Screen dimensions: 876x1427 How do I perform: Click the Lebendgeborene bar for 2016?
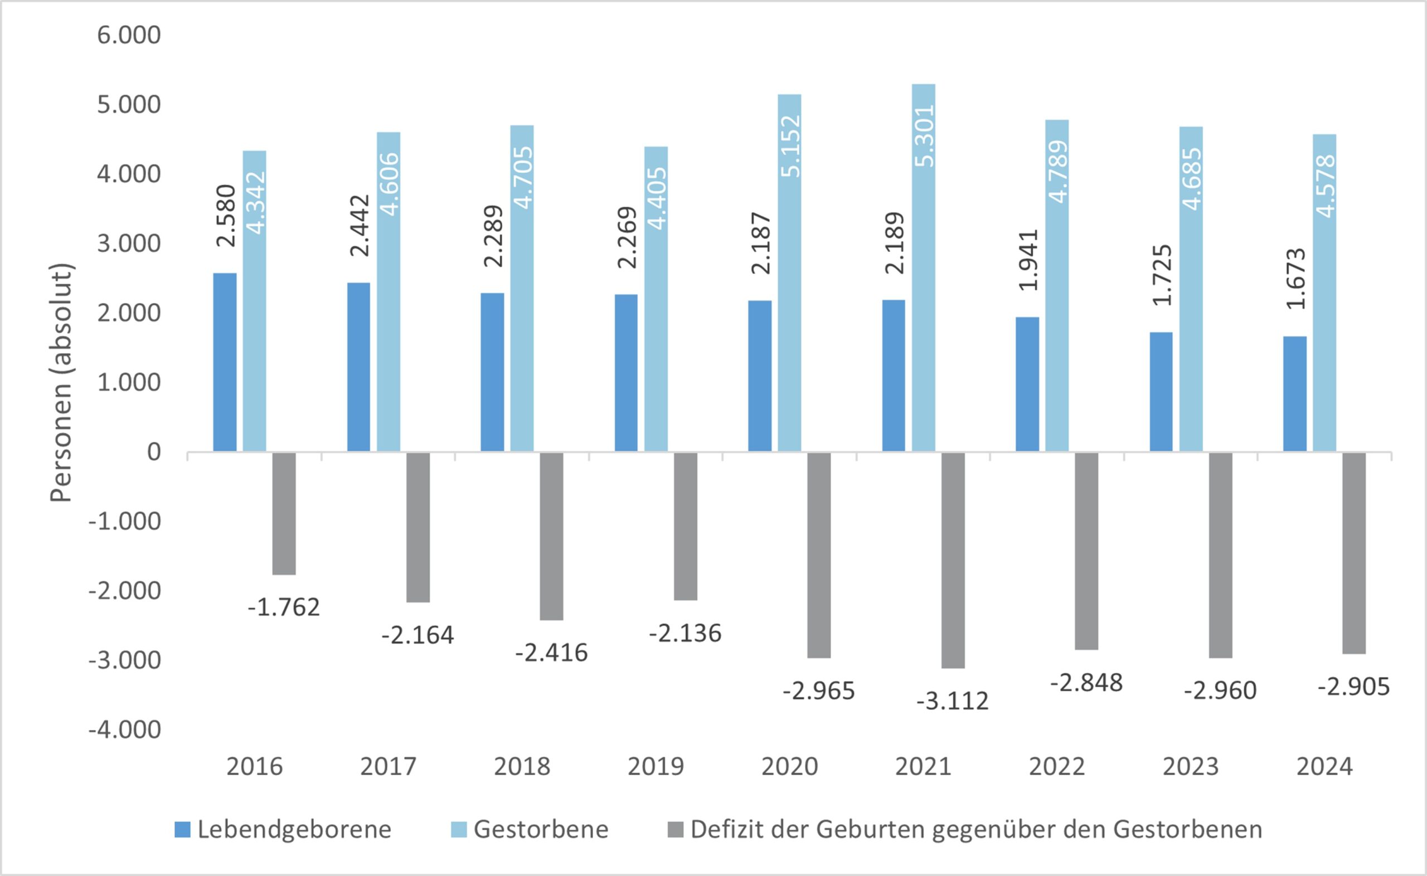click(225, 362)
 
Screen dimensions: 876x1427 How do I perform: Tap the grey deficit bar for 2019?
click(686, 526)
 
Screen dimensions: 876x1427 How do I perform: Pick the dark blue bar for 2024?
click(1295, 394)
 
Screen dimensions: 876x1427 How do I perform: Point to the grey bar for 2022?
click(1086, 551)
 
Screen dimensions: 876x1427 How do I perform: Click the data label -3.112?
click(953, 702)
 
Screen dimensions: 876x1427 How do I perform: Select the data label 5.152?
click(790, 146)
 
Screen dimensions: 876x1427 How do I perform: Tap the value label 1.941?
click(1028, 260)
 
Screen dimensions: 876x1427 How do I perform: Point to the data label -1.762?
click(284, 608)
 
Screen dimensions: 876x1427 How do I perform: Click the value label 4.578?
click(1326, 186)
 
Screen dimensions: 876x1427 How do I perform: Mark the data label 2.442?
click(360, 225)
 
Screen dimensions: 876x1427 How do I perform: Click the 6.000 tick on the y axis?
click(129, 35)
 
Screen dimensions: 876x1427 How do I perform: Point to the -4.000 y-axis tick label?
click(124, 730)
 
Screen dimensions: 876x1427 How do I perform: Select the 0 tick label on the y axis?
click(153, 452)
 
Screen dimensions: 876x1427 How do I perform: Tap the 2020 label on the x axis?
click(789, 767)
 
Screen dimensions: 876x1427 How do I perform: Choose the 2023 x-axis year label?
click(1191, 767)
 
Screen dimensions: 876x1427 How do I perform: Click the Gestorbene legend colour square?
click(459, 830)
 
